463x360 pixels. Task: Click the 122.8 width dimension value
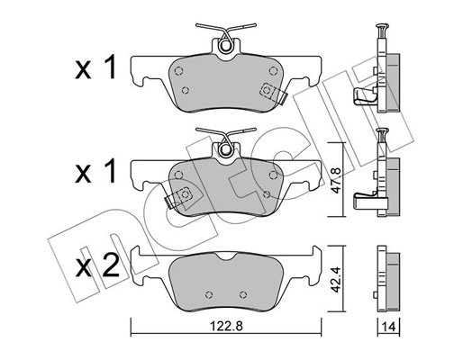[x=226, y=326]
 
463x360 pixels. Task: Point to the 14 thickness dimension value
[x=389, y=327]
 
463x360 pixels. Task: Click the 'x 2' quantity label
[x=97, y=267]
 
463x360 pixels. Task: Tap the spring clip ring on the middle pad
[x=225, y=150]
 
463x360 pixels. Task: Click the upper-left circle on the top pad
[x=179, y=71]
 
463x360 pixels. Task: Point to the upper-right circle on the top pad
[x=273, y=71]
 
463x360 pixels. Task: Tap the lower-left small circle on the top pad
[x=186, y=90]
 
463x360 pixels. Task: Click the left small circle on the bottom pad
[x=209, y=294]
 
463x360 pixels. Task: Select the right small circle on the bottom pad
[x=243, y=294]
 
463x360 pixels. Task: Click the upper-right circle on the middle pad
[x=273, y=175]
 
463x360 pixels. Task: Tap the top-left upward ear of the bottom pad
[x=136, y=251]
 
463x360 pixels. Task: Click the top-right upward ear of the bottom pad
[x=316, y=251]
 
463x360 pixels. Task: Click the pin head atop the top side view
[x=382, y=26]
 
